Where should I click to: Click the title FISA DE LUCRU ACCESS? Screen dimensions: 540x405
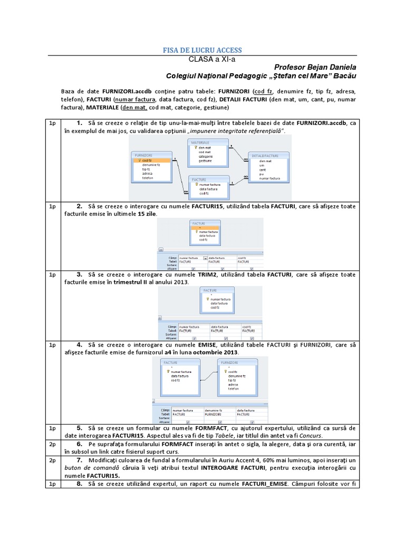(202, 50)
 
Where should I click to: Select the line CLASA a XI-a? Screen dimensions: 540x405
(202, 59)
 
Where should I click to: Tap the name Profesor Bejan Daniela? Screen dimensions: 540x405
(315, 67)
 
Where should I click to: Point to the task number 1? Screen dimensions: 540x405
(79, 123)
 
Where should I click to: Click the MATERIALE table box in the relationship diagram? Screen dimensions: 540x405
(208, 152)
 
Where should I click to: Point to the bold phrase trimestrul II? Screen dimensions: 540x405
(133, 282)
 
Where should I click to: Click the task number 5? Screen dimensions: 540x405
(79, 428)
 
